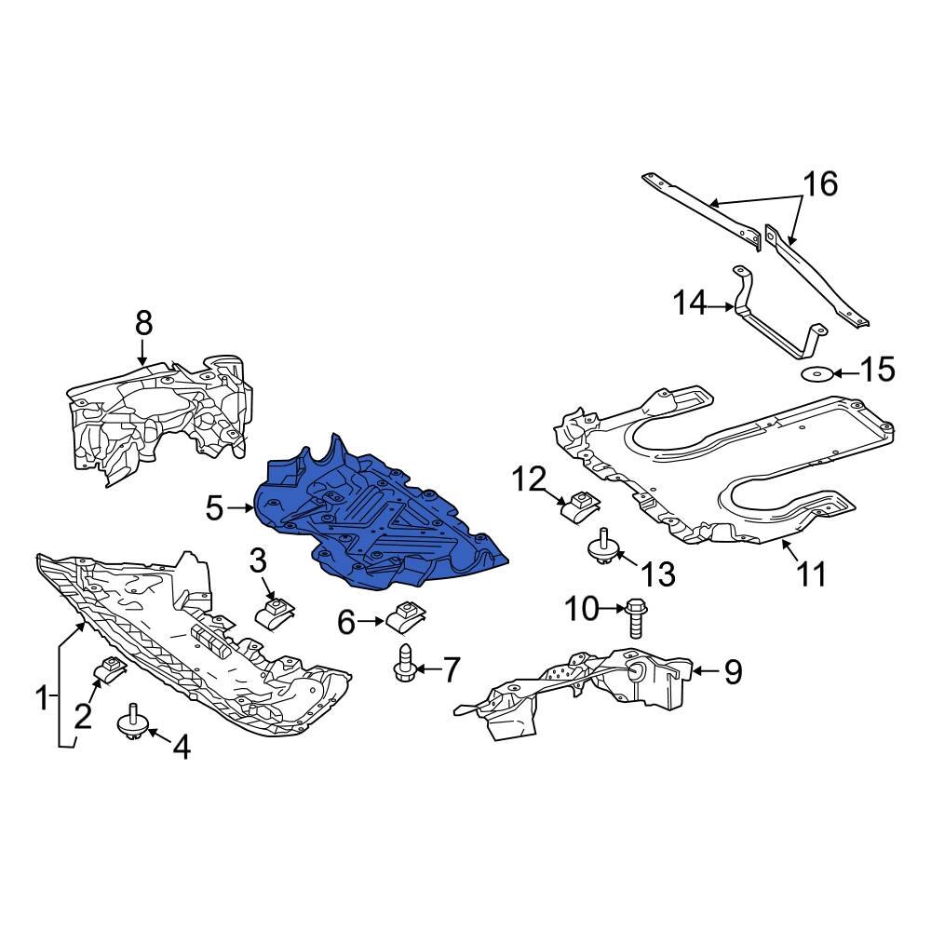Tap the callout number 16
[820, 184]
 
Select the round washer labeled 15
[816, 374]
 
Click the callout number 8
[142, 324]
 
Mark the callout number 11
[810, 573]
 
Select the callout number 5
[215, 508]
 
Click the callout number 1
[42, 696]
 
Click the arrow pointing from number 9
[705, 669]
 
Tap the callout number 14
[691, 304]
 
